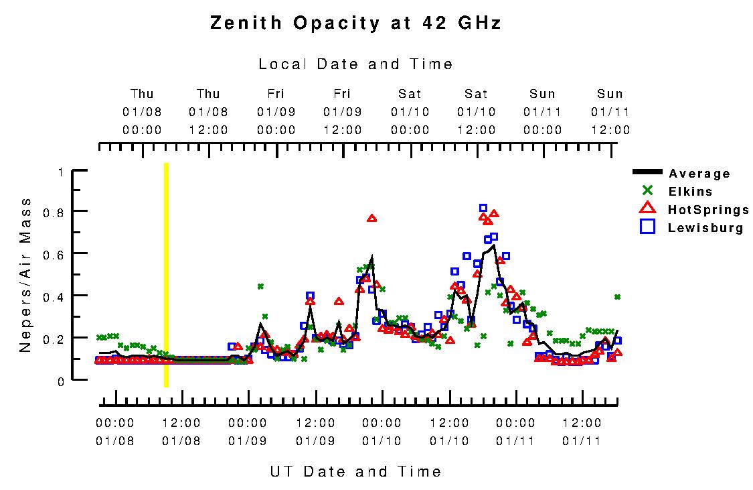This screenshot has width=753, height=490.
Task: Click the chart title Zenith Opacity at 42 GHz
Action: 355,23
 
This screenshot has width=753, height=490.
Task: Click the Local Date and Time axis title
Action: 355,64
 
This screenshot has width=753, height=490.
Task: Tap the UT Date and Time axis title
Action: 355,472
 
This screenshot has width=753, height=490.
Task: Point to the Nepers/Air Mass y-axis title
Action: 25,275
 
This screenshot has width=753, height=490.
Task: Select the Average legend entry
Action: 699,174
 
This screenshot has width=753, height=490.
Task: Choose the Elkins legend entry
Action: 690,192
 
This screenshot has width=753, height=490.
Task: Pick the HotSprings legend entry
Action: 708,210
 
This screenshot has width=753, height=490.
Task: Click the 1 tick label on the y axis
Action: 60,172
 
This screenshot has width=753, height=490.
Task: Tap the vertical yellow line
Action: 166,275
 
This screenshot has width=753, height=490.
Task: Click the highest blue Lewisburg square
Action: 483,208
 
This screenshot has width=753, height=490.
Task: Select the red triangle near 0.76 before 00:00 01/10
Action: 372,218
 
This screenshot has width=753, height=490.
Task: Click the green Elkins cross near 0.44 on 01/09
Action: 260,286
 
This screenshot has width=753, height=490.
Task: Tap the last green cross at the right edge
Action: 617,296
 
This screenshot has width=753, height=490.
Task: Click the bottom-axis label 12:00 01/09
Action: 315,432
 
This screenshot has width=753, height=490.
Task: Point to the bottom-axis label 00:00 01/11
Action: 515,432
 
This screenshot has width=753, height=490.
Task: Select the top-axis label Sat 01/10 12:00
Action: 477,112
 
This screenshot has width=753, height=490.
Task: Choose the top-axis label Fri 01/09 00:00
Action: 276,112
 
